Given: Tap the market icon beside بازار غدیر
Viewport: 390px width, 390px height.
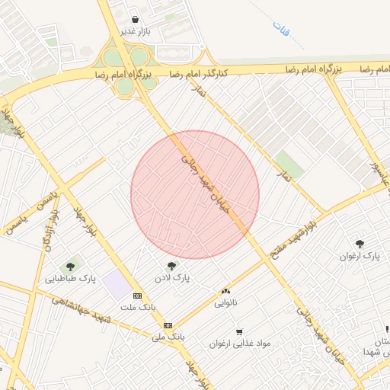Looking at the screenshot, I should coord(136,20).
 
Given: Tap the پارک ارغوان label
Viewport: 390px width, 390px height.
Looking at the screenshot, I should coord(360,256).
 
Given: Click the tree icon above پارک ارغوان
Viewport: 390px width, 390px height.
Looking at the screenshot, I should coord(360,244).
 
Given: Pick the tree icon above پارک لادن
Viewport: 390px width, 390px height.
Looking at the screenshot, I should coord(171,267).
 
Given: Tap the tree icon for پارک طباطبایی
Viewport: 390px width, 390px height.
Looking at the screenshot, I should coord(71,267).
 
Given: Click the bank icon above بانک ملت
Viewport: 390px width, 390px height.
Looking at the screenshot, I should coord(137,296).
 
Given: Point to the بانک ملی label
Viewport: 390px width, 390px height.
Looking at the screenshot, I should coord(169,336).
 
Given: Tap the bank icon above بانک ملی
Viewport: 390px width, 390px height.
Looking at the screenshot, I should coord(168,324).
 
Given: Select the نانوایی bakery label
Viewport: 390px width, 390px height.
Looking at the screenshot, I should coord(225,302).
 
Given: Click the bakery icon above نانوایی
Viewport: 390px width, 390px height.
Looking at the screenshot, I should coord(225,291).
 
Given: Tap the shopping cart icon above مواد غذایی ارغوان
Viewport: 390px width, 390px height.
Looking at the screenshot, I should coord(240,331).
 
